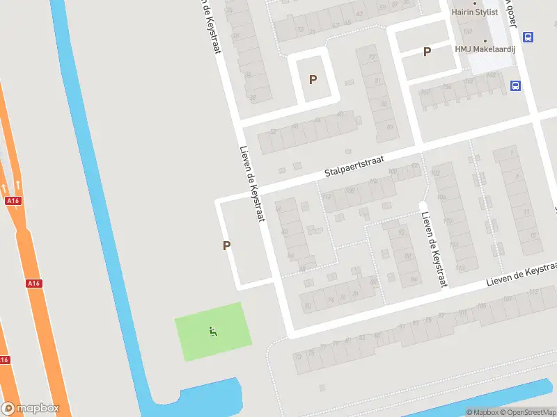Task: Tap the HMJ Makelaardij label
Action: point(486,49)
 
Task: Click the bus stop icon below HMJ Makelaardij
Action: point(515,86)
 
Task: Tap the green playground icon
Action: point(212,332)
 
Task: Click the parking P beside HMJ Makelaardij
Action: point(427,51)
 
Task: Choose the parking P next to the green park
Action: point(226,245)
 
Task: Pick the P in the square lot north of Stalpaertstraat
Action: point(313,79)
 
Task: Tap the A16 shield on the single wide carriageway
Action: point(33,284)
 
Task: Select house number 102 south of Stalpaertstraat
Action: point(437,173)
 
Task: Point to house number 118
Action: point(460,267)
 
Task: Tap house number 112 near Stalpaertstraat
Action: point(327,197)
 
